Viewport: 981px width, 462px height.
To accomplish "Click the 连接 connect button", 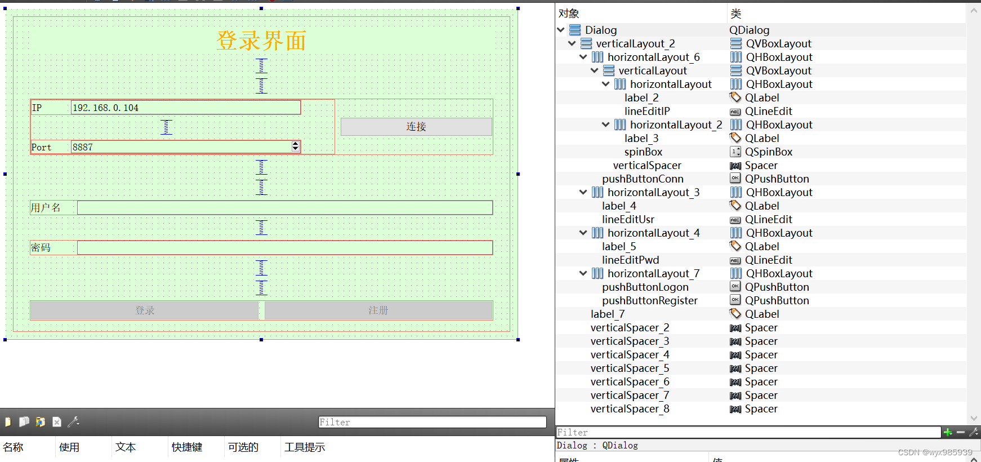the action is [416, 127].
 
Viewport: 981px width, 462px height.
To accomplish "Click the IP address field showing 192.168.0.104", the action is [186, 108].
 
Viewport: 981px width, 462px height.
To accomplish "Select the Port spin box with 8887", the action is [186, 147].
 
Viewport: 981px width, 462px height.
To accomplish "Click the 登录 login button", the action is [144, 310].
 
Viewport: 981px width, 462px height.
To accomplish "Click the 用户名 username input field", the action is [285, 208].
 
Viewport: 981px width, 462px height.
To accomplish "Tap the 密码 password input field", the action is [285, 247].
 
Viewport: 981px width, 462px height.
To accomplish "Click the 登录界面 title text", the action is [261, 41].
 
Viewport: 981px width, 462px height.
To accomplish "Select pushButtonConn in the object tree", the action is [643, 179].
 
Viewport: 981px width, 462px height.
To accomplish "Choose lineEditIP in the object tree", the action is [647, 111].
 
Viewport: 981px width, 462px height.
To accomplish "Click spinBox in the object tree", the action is [643, 152].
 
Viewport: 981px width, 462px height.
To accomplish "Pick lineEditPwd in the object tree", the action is [630, 260].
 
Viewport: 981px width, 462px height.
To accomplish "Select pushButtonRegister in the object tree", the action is [649, 300].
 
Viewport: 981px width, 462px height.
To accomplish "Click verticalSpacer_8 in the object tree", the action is [630, 408].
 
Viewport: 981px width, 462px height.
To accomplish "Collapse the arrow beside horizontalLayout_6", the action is [583, 57].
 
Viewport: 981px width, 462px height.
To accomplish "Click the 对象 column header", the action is [569, 14].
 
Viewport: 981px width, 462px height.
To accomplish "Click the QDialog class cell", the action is [749, 30].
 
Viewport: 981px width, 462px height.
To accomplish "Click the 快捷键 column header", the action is [187, 447].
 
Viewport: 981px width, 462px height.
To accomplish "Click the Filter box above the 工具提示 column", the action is [432, 422].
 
